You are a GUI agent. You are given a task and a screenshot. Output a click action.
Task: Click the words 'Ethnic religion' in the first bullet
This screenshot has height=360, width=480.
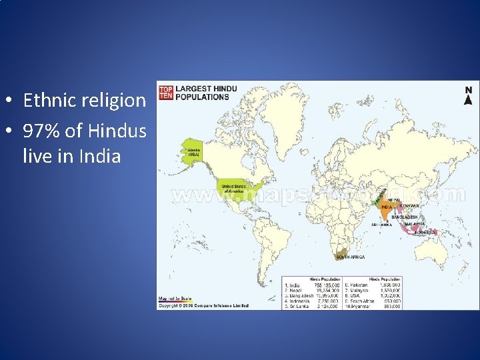[x=84, y=101]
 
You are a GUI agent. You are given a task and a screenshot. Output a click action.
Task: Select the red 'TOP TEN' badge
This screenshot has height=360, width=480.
[x=165, y=91]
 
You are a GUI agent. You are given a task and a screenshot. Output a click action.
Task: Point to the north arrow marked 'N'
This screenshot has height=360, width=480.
[x=468, y=96]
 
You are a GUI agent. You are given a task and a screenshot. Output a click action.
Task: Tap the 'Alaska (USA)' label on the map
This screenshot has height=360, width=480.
[x=194, y=152]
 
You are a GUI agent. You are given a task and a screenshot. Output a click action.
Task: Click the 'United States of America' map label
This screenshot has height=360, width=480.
[x=235, y=188]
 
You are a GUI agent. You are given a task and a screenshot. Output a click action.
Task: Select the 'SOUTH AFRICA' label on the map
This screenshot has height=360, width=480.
[x=351, y=257]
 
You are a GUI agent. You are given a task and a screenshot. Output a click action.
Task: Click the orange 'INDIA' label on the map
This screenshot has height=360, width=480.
[x=386, y=207]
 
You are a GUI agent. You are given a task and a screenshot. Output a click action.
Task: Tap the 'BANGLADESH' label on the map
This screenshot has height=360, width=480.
[x=405, y=217]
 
